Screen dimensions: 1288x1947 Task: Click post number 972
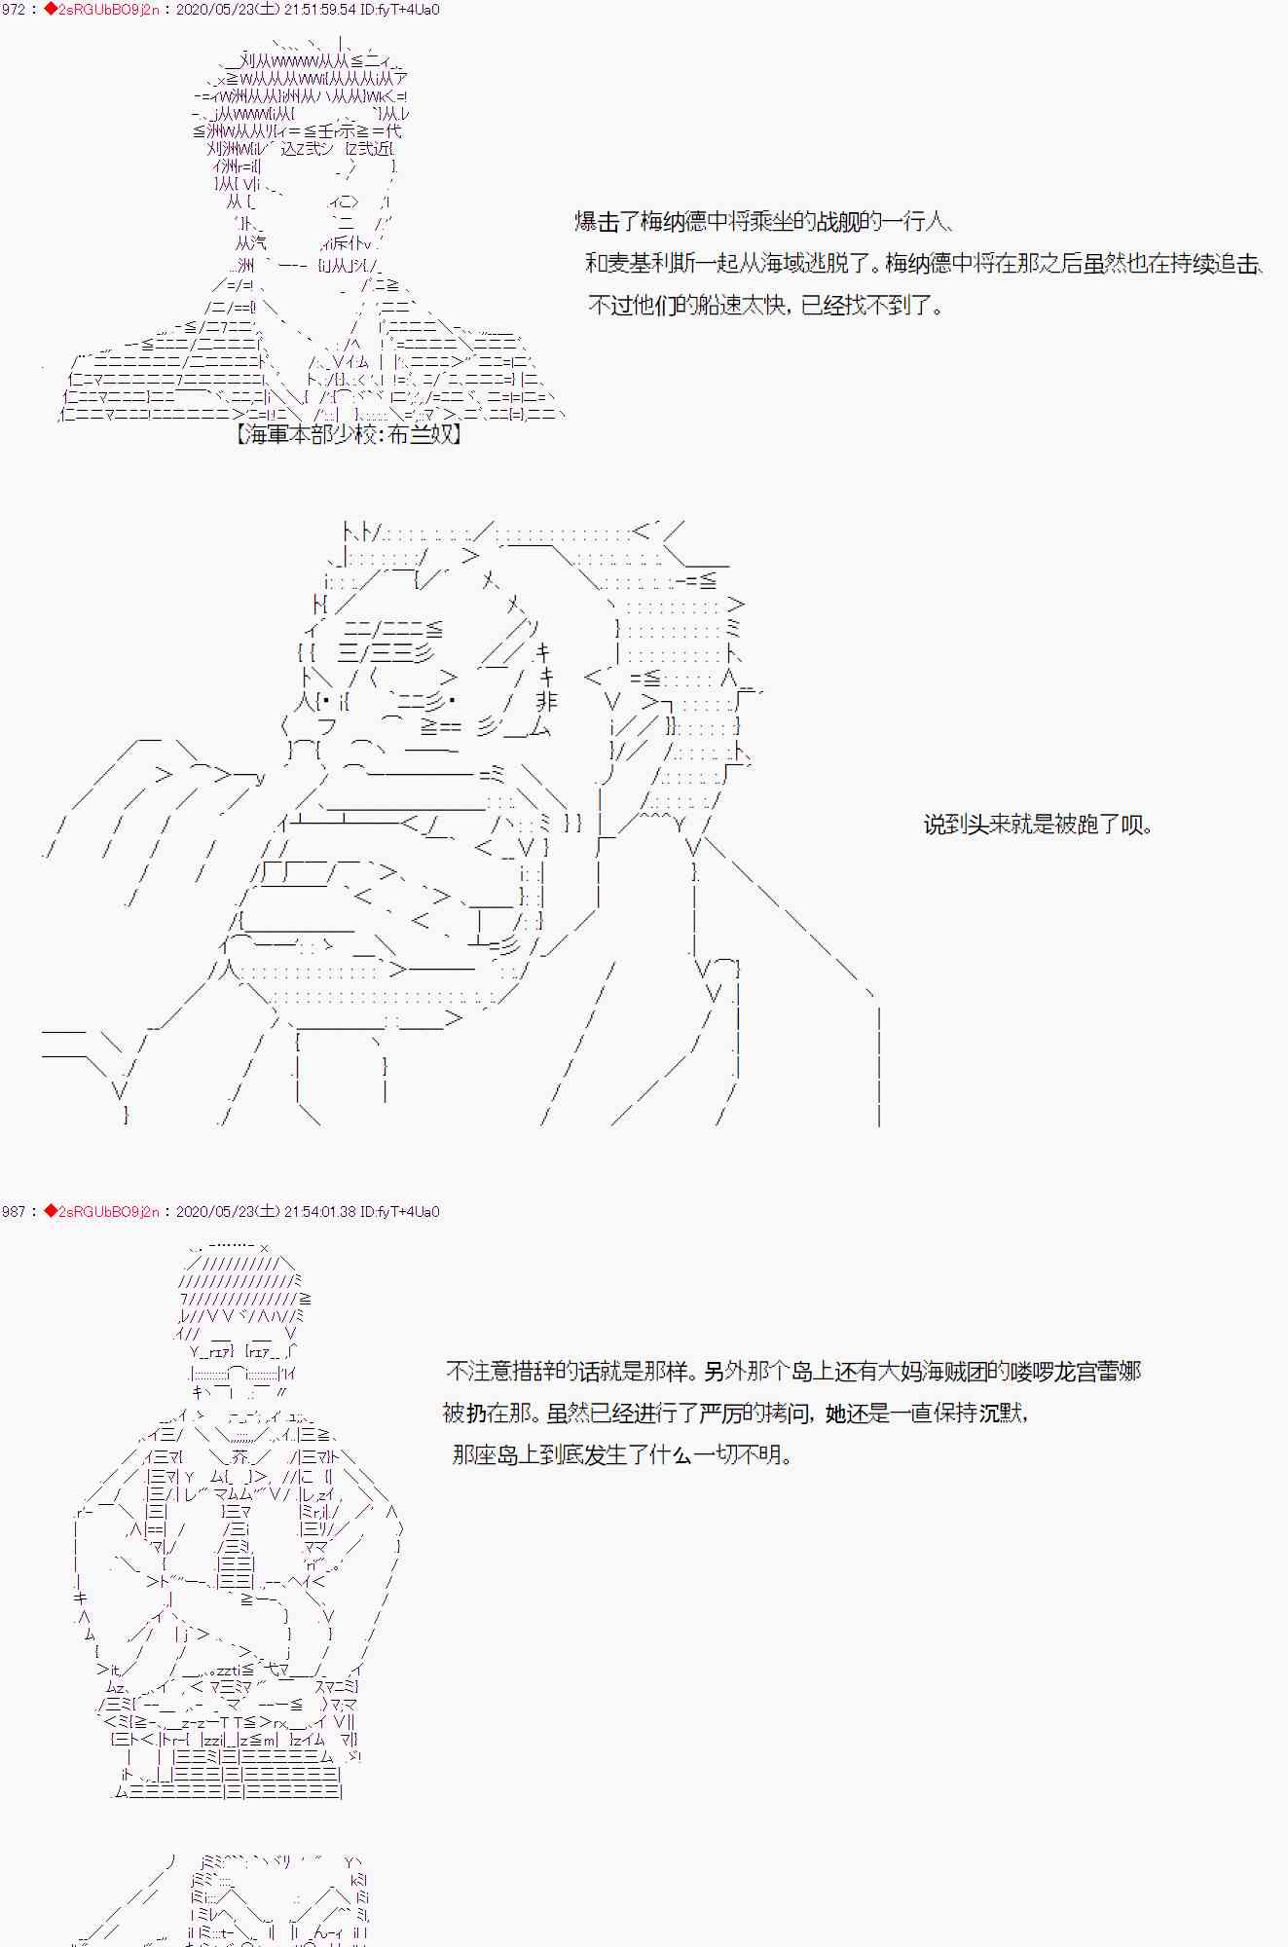[x=14, y=10]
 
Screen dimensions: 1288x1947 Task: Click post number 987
[x=14, y=1212]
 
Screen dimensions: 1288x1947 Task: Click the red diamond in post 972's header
[x=51, y=10]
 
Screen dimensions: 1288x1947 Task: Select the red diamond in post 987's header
[x=51, y=1212]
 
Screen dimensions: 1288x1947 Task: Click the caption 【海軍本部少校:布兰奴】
[x=348, y=435]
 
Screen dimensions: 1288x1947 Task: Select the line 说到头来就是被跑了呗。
[x=1039, y=826]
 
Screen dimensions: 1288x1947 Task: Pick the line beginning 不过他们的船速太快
[x=766, y=306]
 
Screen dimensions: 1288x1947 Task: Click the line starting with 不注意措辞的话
[x=793, y=1372]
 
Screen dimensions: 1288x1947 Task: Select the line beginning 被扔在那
[x=735, y=1414]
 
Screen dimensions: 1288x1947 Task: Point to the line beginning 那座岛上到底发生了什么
[x=623, y=1455]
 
